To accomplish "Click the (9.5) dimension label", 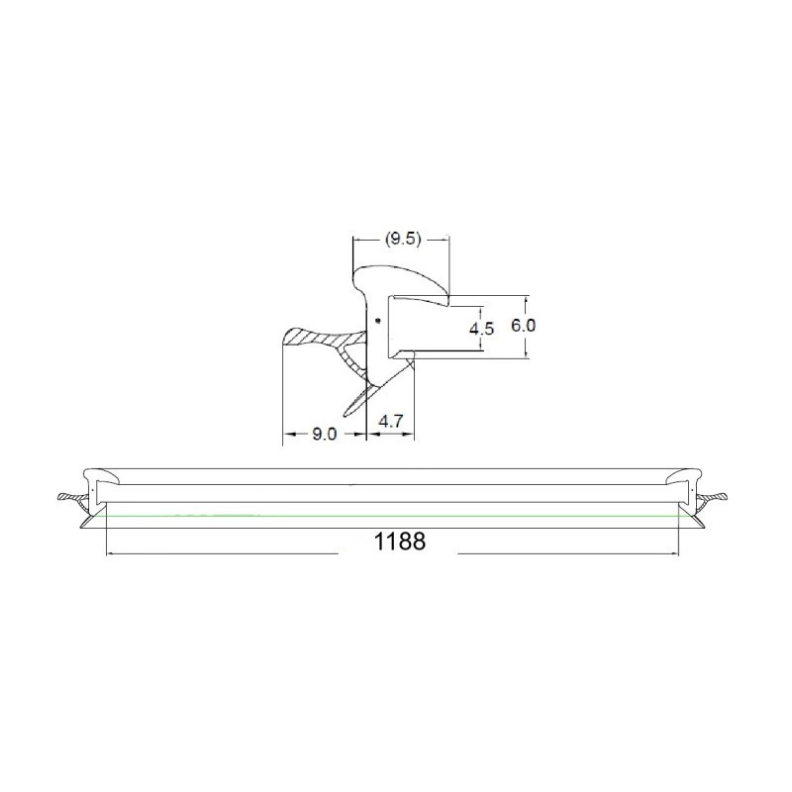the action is pos(403,239).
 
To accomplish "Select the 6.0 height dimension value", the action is pos(524,326).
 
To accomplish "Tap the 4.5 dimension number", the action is pos(481,329).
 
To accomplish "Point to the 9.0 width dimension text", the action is pos(324,434).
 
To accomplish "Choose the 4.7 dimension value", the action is pos(390,422).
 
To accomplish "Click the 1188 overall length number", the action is pos(400,542).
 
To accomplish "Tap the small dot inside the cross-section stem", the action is pos(377,320).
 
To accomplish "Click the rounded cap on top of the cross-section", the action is pos(399,284).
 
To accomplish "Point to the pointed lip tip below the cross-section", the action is pos(346,416).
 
